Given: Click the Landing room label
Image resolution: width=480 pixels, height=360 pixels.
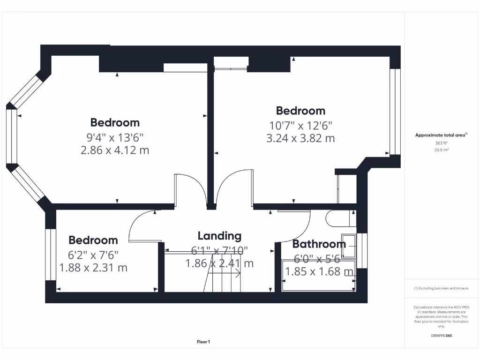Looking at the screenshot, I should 219,236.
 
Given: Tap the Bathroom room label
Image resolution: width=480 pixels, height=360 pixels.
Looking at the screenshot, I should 319,244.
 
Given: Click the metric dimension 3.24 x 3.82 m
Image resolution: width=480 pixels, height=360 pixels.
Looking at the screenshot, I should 300,138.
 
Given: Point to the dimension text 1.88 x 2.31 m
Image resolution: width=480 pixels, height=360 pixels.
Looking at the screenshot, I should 93,268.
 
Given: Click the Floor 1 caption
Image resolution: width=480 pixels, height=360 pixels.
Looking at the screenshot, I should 203,342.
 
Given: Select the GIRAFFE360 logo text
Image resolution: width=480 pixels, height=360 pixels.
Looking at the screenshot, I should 441,336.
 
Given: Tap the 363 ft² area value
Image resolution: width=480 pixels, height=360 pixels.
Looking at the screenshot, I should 441,143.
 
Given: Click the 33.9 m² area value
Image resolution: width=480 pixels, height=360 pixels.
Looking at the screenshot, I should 441,150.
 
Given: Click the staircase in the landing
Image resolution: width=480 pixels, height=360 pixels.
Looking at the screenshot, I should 224,274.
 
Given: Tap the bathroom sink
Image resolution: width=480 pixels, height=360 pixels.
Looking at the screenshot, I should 349,246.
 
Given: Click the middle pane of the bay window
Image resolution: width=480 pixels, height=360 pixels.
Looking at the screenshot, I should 11,136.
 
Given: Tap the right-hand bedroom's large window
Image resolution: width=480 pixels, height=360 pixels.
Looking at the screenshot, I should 395,112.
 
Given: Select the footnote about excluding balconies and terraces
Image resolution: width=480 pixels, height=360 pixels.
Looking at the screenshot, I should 441,288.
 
